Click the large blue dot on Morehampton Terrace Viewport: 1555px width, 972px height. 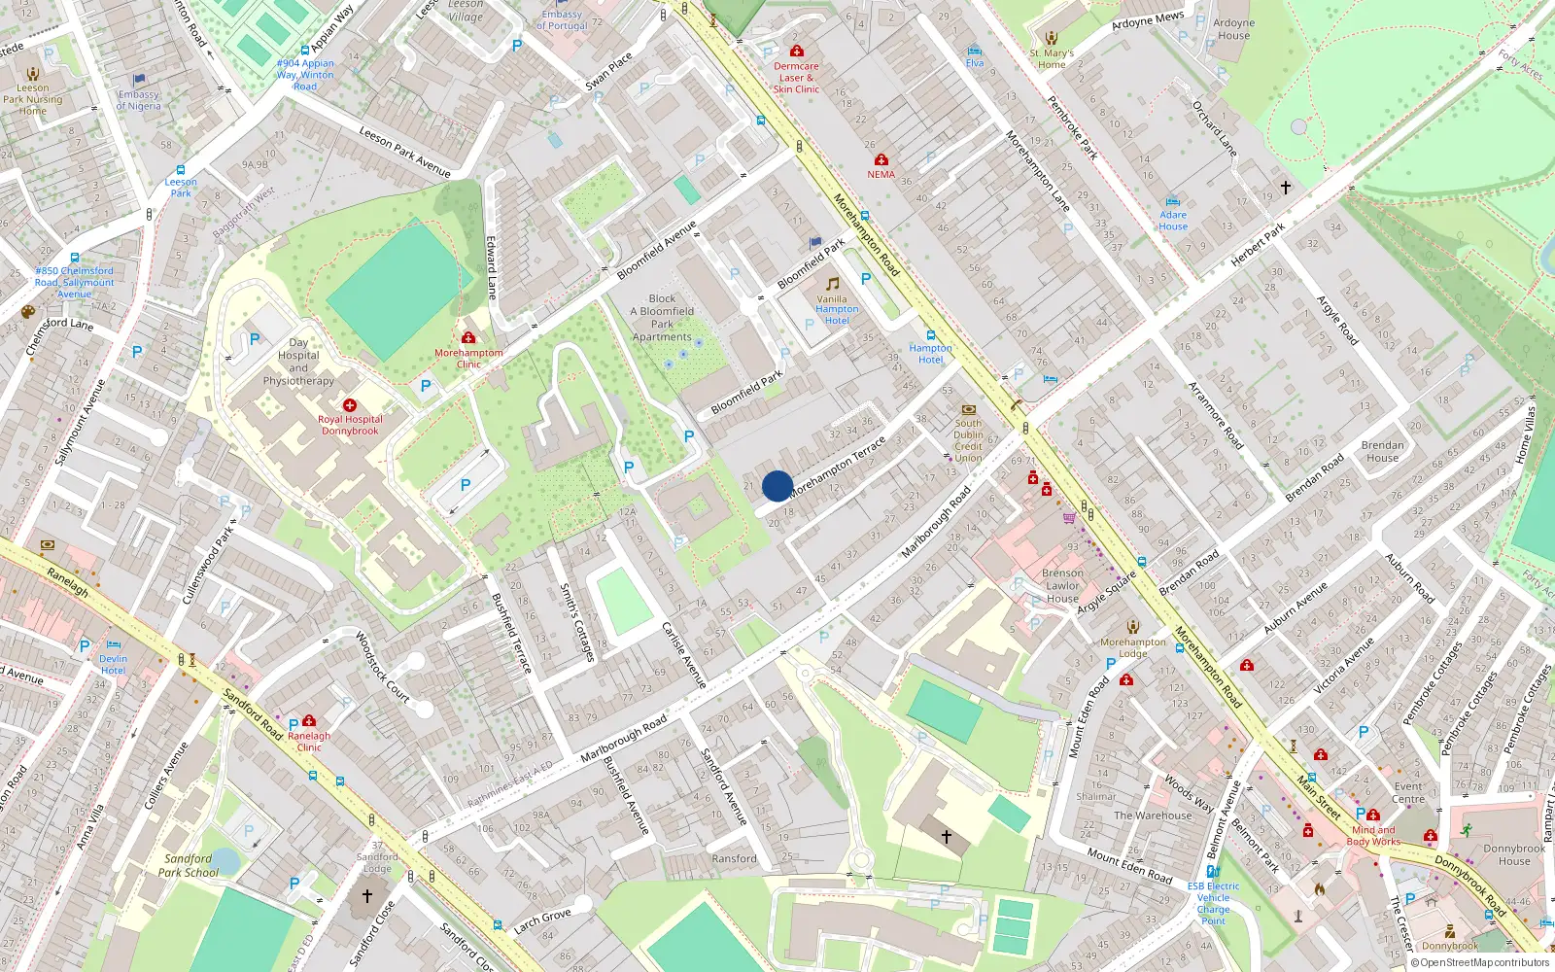[777, 486]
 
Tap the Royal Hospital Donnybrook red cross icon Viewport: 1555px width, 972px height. [350, 405]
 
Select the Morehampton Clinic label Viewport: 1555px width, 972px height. [468, 359]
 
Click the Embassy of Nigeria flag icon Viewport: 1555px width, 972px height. [139, 80]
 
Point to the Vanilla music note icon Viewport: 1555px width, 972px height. [832, 284]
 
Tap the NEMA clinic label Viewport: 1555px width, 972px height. [881, 175]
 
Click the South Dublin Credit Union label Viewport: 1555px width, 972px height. [968, 440]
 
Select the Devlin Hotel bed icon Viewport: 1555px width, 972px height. [114, 644]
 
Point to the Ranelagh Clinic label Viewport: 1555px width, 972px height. [309, 742]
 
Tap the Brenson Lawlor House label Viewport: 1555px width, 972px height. [1062, 585]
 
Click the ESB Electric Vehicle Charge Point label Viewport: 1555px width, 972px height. [1213, 903]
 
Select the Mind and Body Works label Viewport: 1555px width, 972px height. [1373, 836]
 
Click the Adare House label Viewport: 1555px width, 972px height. [1173, 221]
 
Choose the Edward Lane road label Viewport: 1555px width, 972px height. [492, 266]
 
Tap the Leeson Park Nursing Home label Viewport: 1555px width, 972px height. [32, 99]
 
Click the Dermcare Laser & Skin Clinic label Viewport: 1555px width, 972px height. [796, 78]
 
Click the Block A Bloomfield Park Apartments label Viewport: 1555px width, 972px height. [662, 318]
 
